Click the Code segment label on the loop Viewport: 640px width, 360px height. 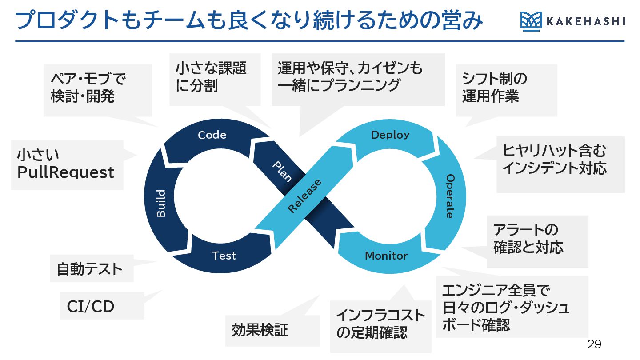pyautogui.click(x=212, y=135)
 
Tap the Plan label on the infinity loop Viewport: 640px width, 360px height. pyautogui.click(x=282, y=171)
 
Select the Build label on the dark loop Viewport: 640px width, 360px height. pyautogui.click(x=161, y=204)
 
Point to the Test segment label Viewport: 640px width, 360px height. pyautogui.click(x=224, y=256)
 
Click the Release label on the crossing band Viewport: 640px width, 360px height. pyautogui.click(x=304, y=196)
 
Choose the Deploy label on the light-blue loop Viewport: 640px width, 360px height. pyautogui.click(x=390, y=135)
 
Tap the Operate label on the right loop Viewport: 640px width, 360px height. pyautogui.click(x=450, y=196)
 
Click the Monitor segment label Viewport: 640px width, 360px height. pyautogui.click(x=386, y=256)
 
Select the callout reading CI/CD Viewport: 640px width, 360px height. pyautogui.click(x=91, y=306)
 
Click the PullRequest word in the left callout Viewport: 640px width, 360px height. pyautogui.click(x=66, y=172)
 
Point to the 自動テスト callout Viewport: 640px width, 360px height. pyautogui.click(x=89, y=269)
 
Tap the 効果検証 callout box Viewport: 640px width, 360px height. pyautogui.click(x=260, y=330)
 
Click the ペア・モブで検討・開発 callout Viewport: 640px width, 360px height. pyautogui.click(x=88, y=88)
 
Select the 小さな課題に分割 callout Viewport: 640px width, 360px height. pyautogui.click(x=211, y=77)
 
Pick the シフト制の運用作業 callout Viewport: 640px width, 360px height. pyautogui.click(x=495, y=88)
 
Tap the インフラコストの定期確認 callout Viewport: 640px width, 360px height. pyautogui.click(x=380, y=324)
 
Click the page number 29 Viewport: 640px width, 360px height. pyautogui.click(x=594, y=344)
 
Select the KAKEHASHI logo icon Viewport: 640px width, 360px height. pyautogui.click(x=531, y=22)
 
